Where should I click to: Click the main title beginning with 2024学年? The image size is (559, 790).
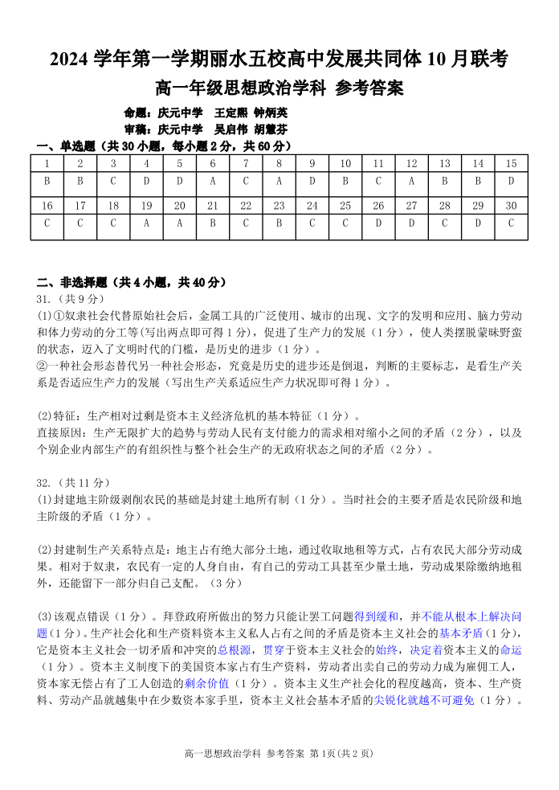coord(279,59)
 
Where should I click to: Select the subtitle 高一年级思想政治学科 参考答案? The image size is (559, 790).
coord(279,88)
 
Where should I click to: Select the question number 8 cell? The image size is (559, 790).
coord(279,163)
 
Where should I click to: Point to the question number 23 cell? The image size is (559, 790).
coord(279,206)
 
